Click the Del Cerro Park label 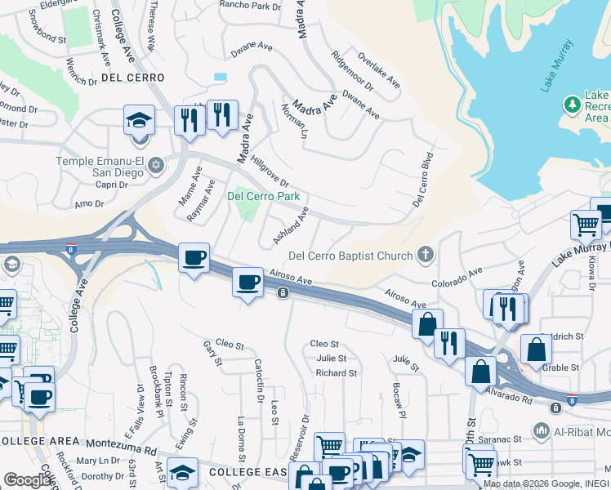[263, 196]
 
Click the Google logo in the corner [28, 479]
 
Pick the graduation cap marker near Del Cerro [139, 120]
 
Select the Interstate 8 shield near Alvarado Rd [572, 401]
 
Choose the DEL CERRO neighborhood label [133, 78]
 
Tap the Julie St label [331, 359]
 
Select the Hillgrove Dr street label [270, 171]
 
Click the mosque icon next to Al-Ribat [541, 430]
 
